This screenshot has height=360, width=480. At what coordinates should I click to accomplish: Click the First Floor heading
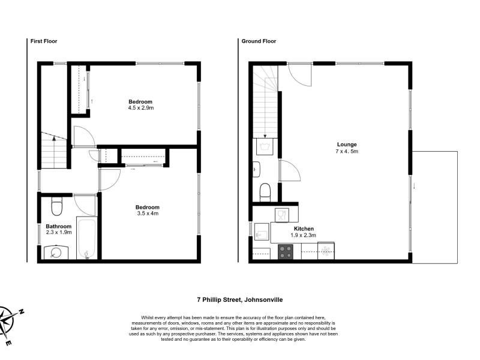[x=44, y=41]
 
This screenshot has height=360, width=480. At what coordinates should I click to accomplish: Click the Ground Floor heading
[x=259, y=41]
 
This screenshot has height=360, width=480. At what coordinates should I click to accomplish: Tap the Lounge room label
[x=347, y=145]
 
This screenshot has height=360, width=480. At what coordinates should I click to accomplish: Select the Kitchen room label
[x=304, y=229]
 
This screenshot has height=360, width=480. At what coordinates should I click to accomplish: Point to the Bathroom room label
[x=58, y=226]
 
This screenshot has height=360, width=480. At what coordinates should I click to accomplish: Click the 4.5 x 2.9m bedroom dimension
[x=141, y=108]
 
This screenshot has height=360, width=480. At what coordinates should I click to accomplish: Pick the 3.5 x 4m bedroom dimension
[x=148, y=214]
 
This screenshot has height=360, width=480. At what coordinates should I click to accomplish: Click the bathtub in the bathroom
[x=87, y=238]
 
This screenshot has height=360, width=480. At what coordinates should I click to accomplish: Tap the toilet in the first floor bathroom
[x=56, y=206]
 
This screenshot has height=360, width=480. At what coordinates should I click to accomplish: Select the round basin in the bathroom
[x=56, y=253]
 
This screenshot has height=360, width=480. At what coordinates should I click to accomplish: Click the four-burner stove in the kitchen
[x=286, y=252]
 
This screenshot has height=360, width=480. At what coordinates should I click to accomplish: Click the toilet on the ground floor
[x=265, y=193]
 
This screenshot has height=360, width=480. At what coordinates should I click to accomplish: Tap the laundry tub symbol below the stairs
[x=265, y=146]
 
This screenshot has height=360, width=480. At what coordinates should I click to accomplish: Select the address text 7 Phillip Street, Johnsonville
[x=240, y=299]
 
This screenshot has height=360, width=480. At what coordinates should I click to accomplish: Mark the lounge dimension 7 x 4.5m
[x=347, y=151]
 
